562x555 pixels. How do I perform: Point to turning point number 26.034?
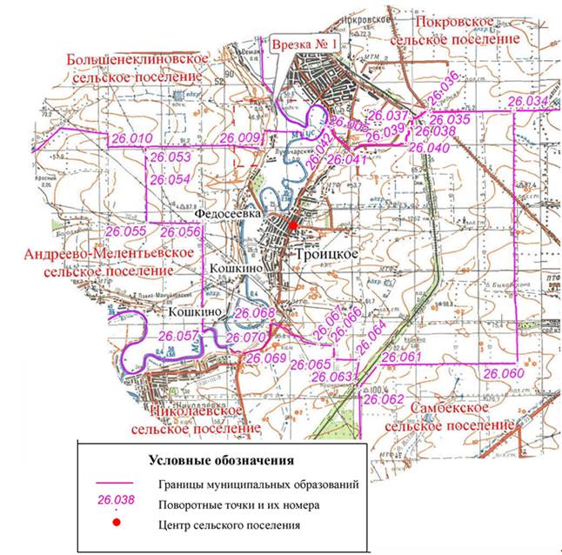coord(528,103)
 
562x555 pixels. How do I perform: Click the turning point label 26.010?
coord(130,139)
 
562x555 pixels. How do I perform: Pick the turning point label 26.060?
coord(504,373)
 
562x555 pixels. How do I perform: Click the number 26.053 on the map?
coord(171,157)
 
